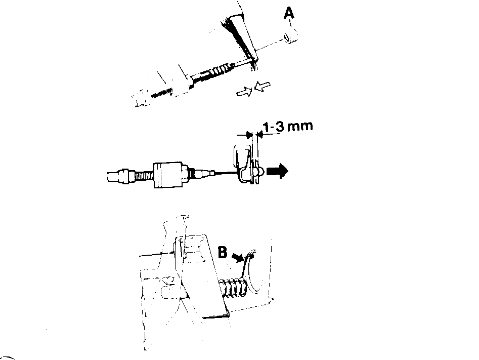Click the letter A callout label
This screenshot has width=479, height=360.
point(289,13)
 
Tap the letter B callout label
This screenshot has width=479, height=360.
point(223,252)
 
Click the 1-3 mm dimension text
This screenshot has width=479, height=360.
point(288,126)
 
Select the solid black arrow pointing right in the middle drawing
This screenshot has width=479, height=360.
point(277,171)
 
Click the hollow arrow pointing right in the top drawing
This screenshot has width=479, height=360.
point(244,92)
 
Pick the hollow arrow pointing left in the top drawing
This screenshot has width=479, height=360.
point(263,86)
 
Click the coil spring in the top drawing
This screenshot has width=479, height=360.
point(221,70)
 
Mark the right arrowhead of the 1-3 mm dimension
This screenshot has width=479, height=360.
point(260,134)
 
